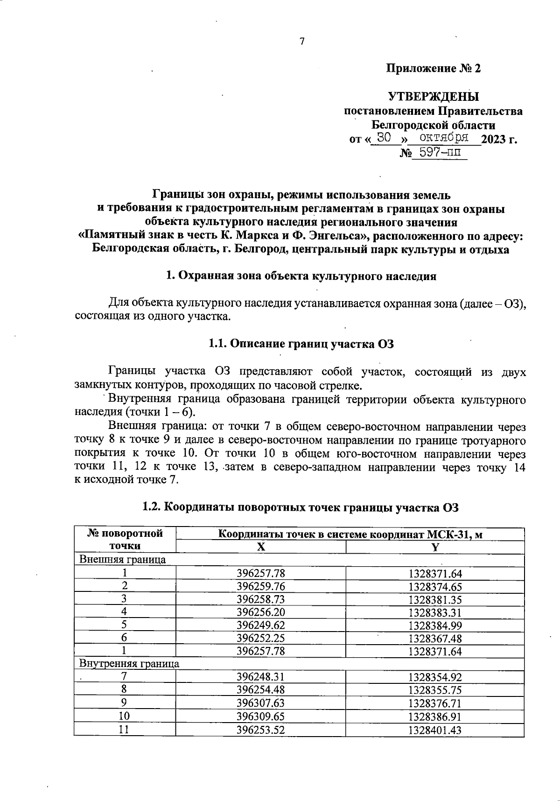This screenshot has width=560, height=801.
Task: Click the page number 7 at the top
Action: pos(301,42)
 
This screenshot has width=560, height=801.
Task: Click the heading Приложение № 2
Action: pos(433,69)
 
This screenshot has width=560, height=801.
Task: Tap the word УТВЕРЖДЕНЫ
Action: pos(434,97)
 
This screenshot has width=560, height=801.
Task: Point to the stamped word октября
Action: pos(444,137)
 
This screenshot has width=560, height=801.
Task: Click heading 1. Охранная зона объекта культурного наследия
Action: pos(301,276)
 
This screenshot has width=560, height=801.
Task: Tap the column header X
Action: pos(261,547)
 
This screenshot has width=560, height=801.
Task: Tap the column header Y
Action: pos(435,547)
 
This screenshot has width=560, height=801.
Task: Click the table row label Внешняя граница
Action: pos(123,560)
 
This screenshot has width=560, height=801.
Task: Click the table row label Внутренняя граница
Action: pos(129,663)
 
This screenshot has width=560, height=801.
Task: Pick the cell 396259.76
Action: pos(261,586)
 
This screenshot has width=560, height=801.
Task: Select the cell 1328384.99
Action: pos(435,625)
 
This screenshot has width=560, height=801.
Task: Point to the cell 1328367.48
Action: pos(435,638)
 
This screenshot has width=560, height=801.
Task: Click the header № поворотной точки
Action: pos(125,540)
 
